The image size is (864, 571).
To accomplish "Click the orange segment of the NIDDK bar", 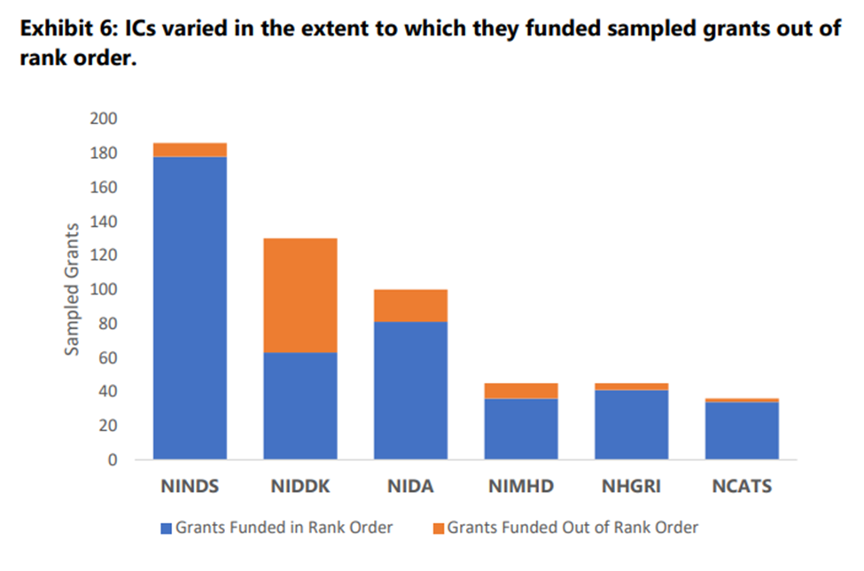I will pyautogui.click(x=300, y=295).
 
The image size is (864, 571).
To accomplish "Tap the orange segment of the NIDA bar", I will pyautogui.click(x=410, y=305).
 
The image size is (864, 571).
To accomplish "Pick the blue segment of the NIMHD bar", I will pyautogui.click(x=521, y=429).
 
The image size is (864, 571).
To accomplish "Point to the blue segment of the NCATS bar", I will pyautogui.click(x=742, y=431).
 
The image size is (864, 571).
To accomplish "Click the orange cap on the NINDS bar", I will pyautogui.click(x=190, y=150).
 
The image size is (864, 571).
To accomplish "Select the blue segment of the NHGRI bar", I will pyautogui.click(x=631, y=425).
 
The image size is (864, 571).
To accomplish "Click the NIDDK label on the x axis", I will pyautogui.click(x=300, y=487).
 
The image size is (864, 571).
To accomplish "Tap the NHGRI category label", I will pyautogui.click(x=632, y=487).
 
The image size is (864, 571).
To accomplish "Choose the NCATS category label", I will pyautogui.click(x=742, y=487).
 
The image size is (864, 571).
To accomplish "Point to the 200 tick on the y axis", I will pyautogui.click(x=105, y=119).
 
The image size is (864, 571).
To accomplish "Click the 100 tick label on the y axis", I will pyautogui.click(x=105, y=290).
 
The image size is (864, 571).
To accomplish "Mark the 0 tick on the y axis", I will pyautogui.click(x=113, y=460).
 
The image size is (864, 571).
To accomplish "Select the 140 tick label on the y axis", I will pyautogui.click(x=105, y=222).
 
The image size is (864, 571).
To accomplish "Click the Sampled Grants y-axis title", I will pyautogui.click(x=74, y=289).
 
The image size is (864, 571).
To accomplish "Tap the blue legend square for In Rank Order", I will pyautogui.click(x=166, y=528).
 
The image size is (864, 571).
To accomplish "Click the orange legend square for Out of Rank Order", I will pyautogui.click(x=438, y=528).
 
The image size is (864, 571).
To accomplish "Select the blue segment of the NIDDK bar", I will pyautogui.click(x=300, y=406).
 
